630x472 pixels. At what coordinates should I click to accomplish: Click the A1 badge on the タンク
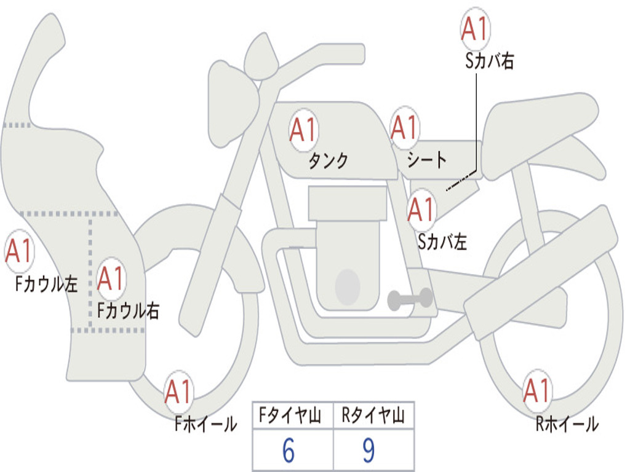[x=303, y=131]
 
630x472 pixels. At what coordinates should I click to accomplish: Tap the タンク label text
[x=329, y=161]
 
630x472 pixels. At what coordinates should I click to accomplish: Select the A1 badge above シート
[x=404, y=128]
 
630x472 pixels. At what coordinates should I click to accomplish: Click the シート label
[x=427, y=161]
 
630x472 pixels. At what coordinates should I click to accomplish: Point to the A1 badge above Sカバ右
[x=475, y=29]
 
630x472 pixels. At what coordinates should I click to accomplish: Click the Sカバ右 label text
[x=490, y=61]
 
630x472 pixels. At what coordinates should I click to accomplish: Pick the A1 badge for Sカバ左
[x=422, y=210]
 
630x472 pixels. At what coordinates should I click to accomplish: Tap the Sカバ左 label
[x=442, y=242]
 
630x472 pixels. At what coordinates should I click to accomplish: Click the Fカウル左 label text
[x=47, y=284]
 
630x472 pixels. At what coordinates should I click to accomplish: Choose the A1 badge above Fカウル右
[x=111, y=279]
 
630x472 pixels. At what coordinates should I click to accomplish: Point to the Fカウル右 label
[x=129, y=311]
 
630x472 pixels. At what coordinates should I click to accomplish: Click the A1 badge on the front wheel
[x=179, y=391]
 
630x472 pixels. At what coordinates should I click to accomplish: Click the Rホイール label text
[x=567, y=424]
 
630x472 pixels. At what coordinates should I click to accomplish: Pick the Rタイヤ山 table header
[x=373, y=417]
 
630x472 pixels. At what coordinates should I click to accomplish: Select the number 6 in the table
[x=289, y=451]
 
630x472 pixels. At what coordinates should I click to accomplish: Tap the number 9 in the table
[x=369, y=451]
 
